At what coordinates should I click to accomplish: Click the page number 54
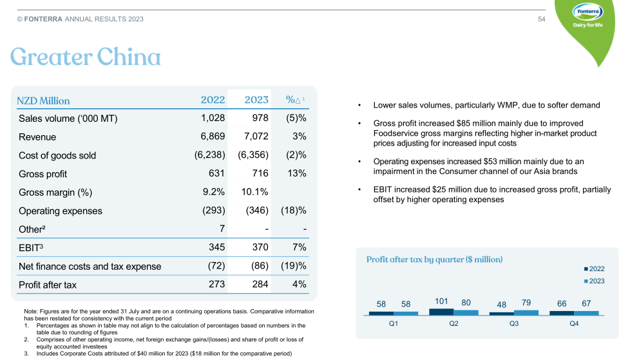pyautogui.click(x=542, y=19)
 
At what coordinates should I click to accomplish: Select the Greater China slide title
pyautogui.click(x=85, y=58)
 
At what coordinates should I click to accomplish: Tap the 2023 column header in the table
pyautogui.click(x=256, y=100)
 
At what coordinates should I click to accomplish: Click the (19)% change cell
pyautogui.click(x=293, y=266)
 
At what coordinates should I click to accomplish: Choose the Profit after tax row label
pyautogui.click(x=48, y=285)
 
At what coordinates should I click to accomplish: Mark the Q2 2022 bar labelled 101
pyautogui.click(x=441, y=312)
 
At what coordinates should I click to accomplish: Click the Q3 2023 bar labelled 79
pyautogui.click(x=526, y=312)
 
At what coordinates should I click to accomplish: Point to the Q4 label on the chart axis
pyautogui.click(x=574, y=323)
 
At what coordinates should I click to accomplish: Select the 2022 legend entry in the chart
pyautogui.click(x=593, y=269)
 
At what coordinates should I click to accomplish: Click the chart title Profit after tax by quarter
pyautogui.click(x=434, y=260)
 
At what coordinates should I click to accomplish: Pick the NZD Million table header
pyautogui.click(x=43, y=100)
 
